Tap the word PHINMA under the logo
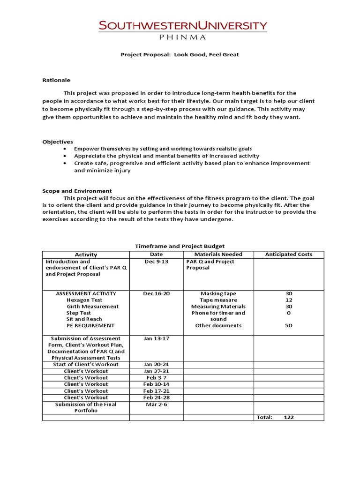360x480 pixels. click(183, 36)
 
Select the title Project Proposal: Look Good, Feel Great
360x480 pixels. click(180, 54)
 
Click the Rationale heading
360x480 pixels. click(56, 80)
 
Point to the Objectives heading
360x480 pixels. click(58, 142)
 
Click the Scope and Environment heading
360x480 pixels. click(77, 191)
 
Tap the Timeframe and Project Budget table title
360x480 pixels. click(180, 246)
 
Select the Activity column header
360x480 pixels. click(86, 255)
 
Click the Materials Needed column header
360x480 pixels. click(218, 255)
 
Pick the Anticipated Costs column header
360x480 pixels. click(288, 255)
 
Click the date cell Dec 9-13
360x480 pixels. click(156, 262)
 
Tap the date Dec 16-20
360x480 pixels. click(156, 293)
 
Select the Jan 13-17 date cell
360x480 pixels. click(156, 338)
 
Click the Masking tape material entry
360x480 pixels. click(218, 293)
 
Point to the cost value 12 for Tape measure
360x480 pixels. click(289, 300)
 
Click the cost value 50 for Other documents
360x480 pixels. click(289, 325)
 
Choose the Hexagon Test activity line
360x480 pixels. click(84, 300)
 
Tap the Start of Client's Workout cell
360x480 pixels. click(86, 364)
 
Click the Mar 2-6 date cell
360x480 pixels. click(156, 404)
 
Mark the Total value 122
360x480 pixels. click(289, 417)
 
